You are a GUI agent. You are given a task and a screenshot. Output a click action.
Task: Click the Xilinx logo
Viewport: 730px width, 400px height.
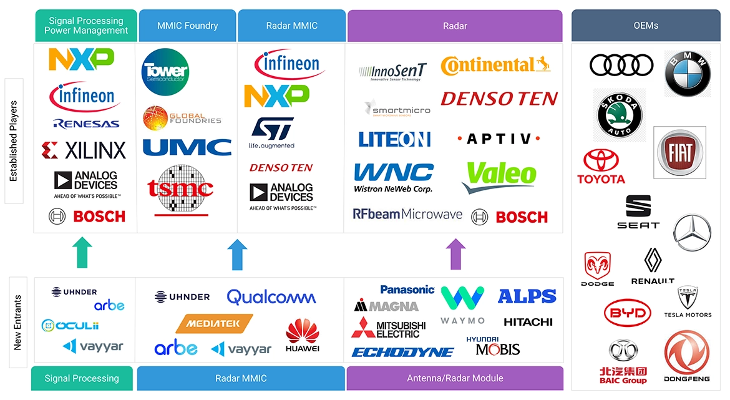[84, 150]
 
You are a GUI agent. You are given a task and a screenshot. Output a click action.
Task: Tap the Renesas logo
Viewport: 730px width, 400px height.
[86, 124]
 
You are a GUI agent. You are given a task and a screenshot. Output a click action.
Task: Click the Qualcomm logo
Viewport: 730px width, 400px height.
[271, 297]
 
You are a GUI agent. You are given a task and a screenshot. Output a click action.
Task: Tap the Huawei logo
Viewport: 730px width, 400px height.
[303, 335]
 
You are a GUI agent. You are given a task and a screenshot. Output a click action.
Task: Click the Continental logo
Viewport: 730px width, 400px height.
[495, 66]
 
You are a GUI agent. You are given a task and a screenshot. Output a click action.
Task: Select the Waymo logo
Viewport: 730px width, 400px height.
[462, 305]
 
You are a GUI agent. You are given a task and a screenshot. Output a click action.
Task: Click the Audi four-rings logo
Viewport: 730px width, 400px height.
[621, 65]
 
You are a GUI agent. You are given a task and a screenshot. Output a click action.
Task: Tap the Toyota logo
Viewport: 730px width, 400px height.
[601, 167]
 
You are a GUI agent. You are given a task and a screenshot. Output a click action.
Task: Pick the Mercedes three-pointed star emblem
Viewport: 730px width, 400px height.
[692, 233]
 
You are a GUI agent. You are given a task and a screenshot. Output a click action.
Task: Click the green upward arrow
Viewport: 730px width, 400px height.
[83, 253]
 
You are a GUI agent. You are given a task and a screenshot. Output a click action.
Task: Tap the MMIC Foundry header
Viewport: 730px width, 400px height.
[187, 26]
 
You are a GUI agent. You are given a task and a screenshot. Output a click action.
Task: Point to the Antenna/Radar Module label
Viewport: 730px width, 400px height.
[455, 378]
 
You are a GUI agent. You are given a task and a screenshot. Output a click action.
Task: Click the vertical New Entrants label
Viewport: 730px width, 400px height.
[18, 322]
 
